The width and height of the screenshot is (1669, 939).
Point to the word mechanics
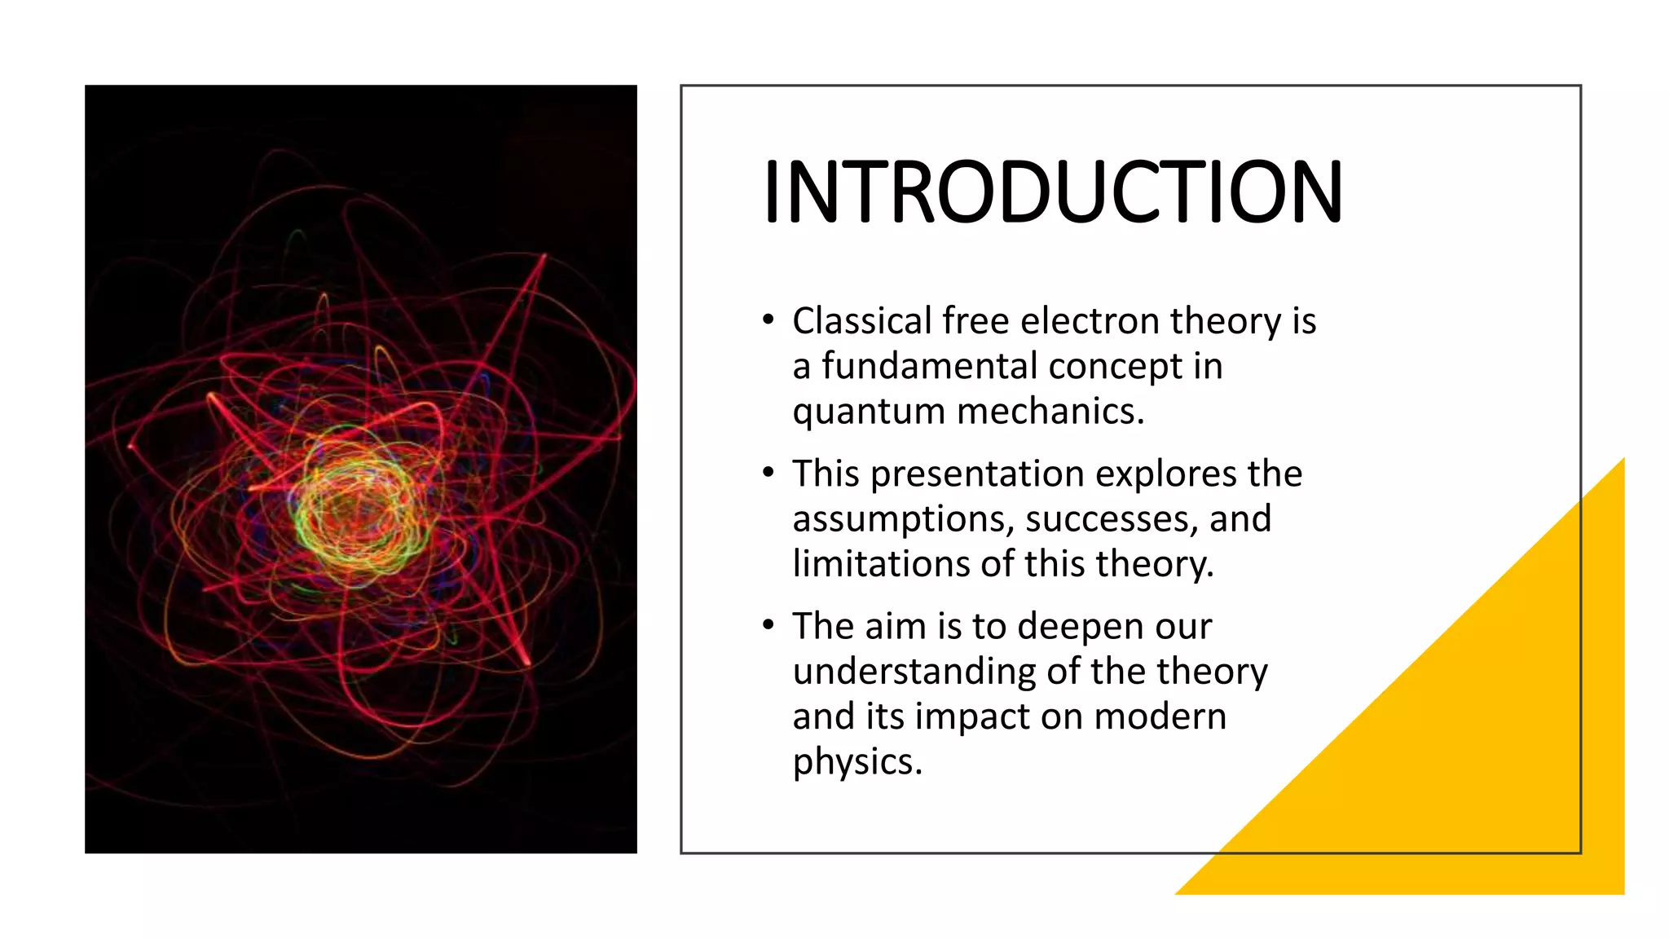coord(1050,412)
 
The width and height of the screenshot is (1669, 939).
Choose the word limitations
coord(881,564)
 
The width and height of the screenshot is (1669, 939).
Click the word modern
coord(1160,717)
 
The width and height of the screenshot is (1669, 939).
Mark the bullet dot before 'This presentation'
coord(768,473)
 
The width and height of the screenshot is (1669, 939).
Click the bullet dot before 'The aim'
coord(768,625)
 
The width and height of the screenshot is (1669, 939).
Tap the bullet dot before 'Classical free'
coord(768,320)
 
